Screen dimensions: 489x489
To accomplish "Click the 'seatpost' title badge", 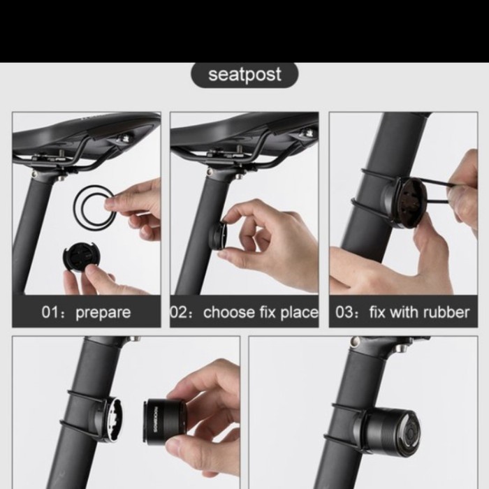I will coord(244,75).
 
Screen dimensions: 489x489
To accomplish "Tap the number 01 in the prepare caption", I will coord(52,312).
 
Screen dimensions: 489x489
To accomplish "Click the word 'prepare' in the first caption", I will coord(103,312).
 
